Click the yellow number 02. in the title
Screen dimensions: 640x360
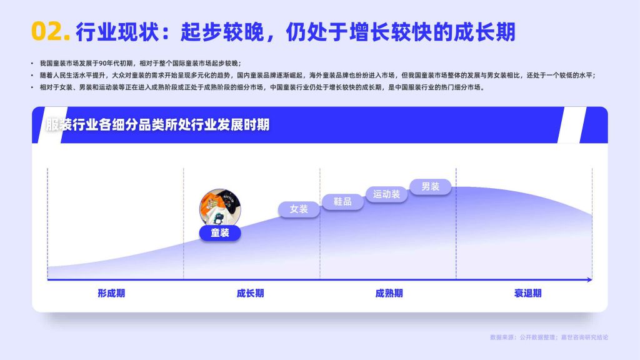[51, 31]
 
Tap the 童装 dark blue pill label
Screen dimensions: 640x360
[220, 232]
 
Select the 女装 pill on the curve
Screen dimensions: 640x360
[299, 209]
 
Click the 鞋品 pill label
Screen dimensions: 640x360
[342, 202]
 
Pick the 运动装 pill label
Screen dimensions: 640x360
[386, 194]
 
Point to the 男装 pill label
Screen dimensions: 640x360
[430, 186]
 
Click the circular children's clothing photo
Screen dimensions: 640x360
[220, 207]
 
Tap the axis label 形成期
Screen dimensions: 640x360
[111, 293]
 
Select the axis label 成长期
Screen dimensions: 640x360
[250, 293]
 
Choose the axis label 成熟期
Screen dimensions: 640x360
[389, 293]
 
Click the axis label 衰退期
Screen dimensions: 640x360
[527, 293]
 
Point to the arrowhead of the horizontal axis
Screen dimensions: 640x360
[590, 279]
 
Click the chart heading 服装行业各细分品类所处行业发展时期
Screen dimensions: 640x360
[157, 124]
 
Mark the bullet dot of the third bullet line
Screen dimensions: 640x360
[32, 87]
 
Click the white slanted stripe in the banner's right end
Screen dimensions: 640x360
[572, 125]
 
